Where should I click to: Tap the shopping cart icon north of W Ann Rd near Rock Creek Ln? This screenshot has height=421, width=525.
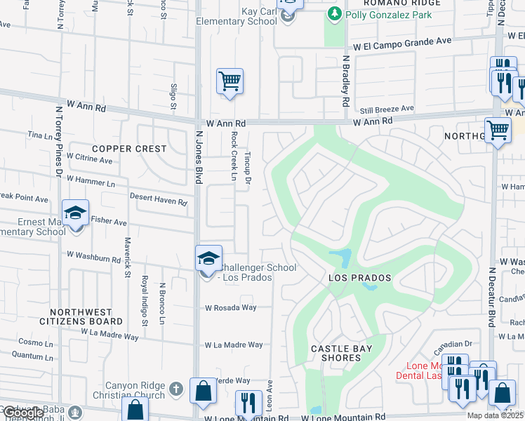pyautogui.click(x=230, y=81)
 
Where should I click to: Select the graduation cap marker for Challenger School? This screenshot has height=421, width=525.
pyautogui.click(x=208, y=258)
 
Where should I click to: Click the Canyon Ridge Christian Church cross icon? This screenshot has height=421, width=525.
pyautogui.click(x=175, y=387)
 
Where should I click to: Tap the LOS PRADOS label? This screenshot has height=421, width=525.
pyautogui.click(x=359, y=279)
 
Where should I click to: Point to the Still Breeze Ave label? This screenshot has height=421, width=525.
pyautogui.click(x=387, y=109)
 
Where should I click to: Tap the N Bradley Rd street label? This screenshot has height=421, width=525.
pyautogui.click(x=345, y=81)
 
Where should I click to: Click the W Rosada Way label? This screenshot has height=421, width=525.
pyautogui.click(x=231, y=307)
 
